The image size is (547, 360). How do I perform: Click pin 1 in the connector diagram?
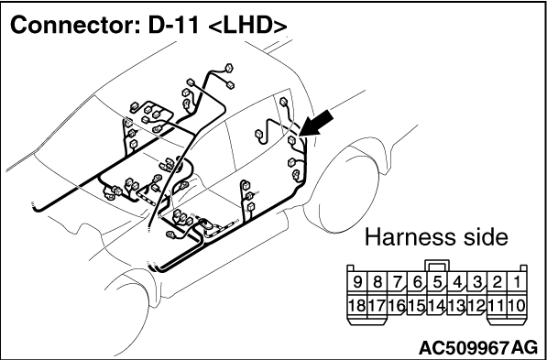click(x=516, y=282)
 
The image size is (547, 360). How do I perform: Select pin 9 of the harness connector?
click(x=357, y=282)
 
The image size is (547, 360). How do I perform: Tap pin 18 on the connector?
click(x=357, y=306)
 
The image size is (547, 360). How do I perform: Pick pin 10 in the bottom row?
click(x=516, y=306)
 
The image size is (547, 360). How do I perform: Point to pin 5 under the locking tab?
click(x=437, y=282)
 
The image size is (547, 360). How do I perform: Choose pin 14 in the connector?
click(x=437, y=306)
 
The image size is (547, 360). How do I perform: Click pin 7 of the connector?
click(x=397, y=282)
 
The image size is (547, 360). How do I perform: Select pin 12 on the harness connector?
click(x=476, y=306)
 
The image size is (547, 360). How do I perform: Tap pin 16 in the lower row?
click(x=397, y=306)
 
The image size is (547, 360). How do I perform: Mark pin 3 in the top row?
click(x=476, y=282)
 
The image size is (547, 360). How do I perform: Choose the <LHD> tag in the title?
click(x=247, y=27)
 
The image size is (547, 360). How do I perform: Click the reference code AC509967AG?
click(x=478, y=348)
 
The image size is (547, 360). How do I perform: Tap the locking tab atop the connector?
click(x=437, y=267)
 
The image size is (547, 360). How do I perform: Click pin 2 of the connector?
click(x=497, y=282)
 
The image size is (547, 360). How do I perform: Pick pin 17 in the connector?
click(x=377, y=306)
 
